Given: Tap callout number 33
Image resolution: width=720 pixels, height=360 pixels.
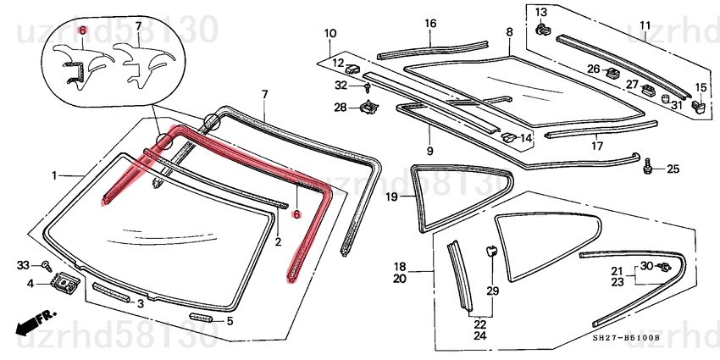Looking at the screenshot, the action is [23, 266].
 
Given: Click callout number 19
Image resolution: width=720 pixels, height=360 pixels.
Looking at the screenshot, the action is [391, 197].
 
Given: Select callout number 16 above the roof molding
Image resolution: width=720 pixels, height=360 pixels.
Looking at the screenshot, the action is [429, 23].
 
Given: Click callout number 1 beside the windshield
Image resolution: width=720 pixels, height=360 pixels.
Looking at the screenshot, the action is [53, 175].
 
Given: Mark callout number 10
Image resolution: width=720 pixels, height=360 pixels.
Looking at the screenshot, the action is [330, 33].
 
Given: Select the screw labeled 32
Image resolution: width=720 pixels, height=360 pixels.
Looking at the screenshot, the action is [368, 87].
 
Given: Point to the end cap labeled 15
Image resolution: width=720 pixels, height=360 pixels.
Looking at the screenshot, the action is [699, 106].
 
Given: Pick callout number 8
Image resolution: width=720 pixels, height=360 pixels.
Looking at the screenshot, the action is [509, 32].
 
